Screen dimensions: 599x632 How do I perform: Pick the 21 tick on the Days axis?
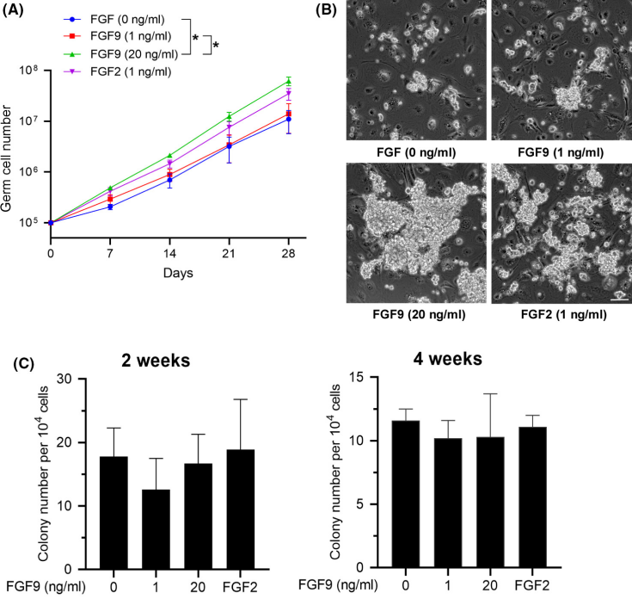pos(229,256)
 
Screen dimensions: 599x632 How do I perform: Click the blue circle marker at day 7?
pos(110,207)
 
